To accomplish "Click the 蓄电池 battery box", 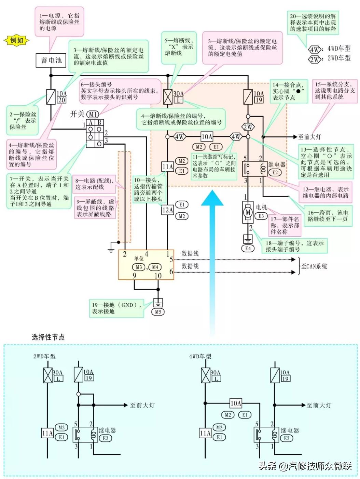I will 51,61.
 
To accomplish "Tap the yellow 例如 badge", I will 16,40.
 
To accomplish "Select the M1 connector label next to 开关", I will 93,114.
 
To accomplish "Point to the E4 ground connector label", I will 248,249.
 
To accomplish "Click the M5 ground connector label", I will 158,312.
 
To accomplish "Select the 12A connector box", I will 168,210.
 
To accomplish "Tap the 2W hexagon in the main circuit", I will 248,127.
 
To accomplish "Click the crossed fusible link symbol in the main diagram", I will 168,97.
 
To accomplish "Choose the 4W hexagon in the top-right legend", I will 314,49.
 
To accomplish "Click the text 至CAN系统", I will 314,266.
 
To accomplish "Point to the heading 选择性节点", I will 48,337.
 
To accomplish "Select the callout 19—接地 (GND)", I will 117,308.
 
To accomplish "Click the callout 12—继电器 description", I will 326,192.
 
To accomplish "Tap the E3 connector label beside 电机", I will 261,216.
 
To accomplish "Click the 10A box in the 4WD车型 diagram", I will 236,403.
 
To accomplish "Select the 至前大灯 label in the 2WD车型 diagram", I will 142,405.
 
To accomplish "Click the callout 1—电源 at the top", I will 59,22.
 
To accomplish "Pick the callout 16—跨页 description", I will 328,216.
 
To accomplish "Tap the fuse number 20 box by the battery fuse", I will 61,100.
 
